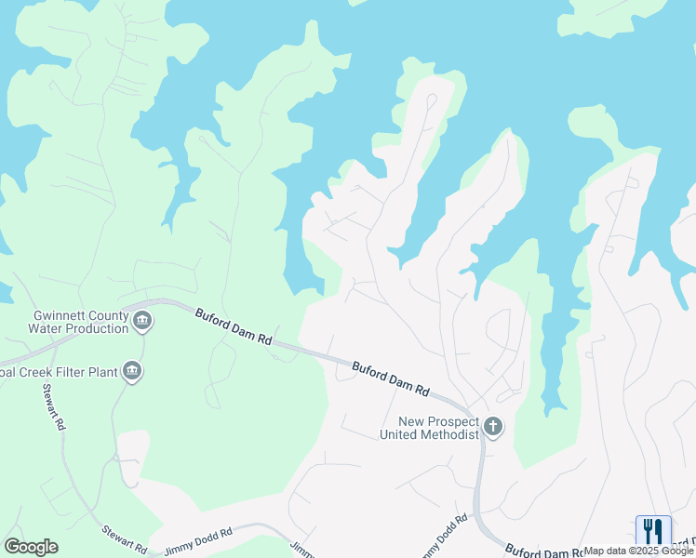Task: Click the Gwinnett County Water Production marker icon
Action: pos(142,322)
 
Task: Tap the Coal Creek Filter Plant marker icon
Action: pos(131,372)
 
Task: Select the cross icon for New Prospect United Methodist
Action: pos(493,428)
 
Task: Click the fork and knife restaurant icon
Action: pos(653,531)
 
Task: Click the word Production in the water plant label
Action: pos(96,328)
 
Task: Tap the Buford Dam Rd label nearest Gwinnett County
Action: pos(233,327)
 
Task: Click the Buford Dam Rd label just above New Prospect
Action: pos(391,379)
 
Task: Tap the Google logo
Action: pos(31,547)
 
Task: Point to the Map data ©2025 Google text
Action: pos(638,551)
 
